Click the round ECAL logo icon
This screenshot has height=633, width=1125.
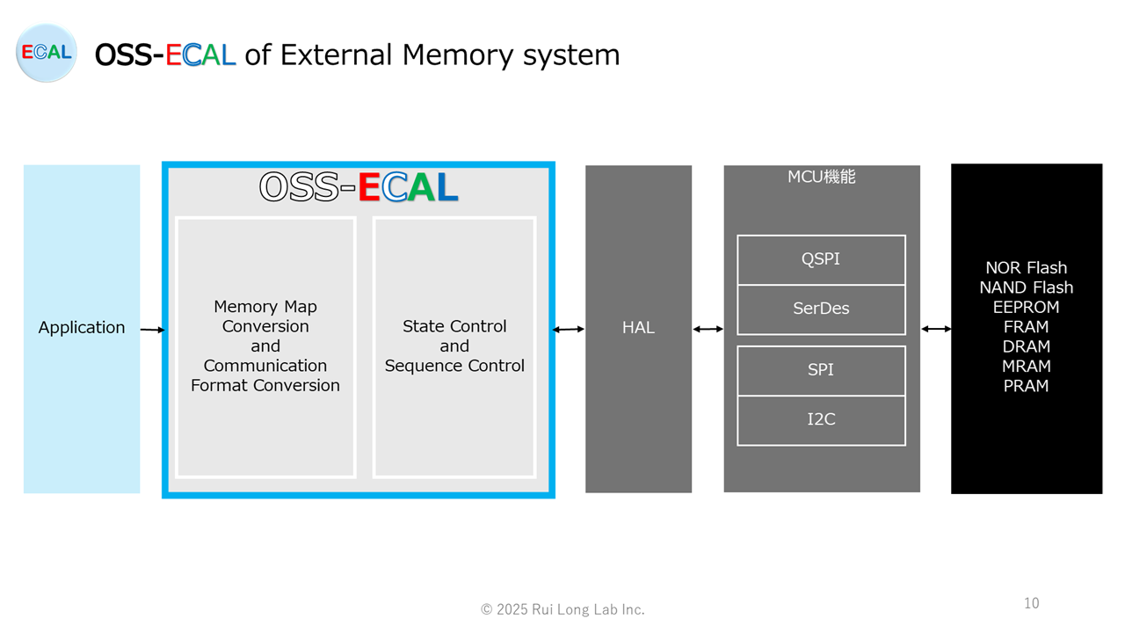tap(47, 52)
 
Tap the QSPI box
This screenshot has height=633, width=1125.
tap(821, 259)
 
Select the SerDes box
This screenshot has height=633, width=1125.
tap(821, 309)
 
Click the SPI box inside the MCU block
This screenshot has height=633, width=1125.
tap(821, 370)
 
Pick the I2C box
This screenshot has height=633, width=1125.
tap(821, 420)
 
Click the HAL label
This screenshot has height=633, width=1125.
tap(638, 328)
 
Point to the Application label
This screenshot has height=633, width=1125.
tap(82, 328)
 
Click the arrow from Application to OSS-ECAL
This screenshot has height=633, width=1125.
tap(153, 330)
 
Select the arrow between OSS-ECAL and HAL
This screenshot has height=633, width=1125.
tap(569, 330)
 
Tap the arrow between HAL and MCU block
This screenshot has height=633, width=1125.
tap(708, 329)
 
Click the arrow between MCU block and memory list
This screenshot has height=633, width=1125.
tap(936, 329)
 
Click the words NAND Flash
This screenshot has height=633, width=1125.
tap(1026, 287)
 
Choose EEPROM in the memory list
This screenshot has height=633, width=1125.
tap(1026, 307)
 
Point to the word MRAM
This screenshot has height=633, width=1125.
tap(1026, 367)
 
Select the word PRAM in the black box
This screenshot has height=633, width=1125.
tap(1026, 386)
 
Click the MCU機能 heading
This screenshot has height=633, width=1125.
tap(821, 177)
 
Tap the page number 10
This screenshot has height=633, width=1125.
tap(1032, 603)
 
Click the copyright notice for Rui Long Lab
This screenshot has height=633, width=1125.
tap(562, 609)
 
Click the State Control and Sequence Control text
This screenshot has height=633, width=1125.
tap(454, 346)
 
